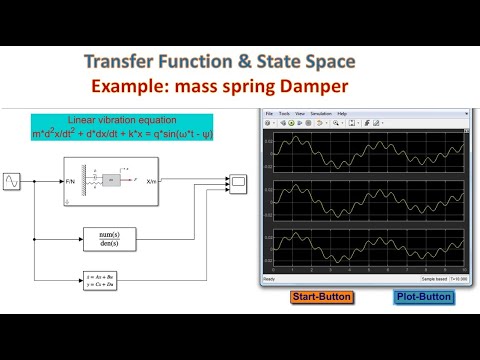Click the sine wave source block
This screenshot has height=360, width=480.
(x=14, y=182)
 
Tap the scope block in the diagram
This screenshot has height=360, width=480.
(x=240, y=183)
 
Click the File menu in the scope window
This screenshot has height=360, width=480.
(x=269, y=114)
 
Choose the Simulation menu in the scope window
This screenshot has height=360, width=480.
(x=321, y=114)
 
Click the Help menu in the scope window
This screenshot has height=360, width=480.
(x=343, y=114)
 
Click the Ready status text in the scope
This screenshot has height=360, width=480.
(x=268, y=279)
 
